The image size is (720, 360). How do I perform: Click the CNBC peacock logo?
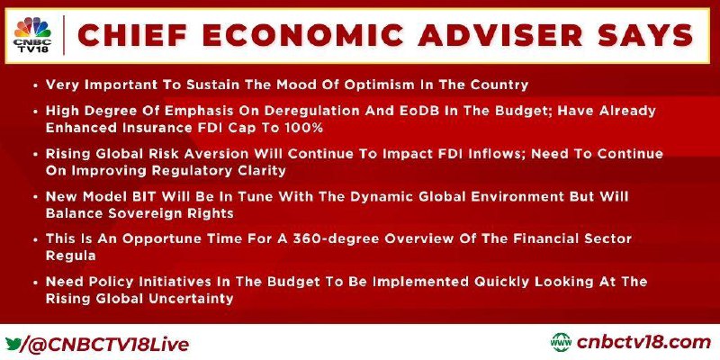(x=33, y=28)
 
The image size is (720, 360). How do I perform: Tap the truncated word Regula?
(x=70, y=256)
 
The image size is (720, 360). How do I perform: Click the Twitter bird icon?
(x=13, y=344)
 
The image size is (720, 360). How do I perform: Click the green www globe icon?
(x=561, y=343)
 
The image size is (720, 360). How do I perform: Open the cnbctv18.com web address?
(x=643, y=343)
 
